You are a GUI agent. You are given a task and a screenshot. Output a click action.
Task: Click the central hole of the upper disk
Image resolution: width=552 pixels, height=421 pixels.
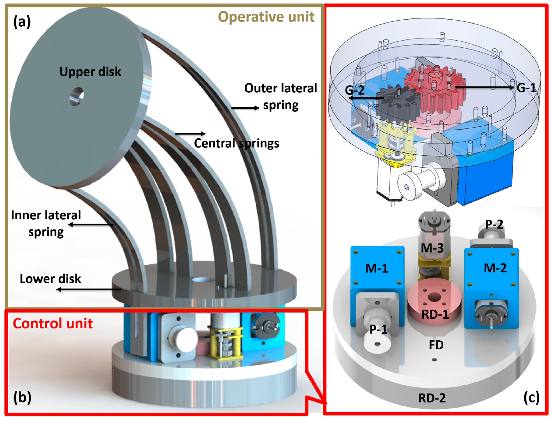tap(77, 96)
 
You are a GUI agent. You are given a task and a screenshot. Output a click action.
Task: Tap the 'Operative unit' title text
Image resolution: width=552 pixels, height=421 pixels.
tap(266, 17)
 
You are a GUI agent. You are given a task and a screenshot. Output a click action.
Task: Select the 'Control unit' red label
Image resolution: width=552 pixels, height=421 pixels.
tap(53, 323)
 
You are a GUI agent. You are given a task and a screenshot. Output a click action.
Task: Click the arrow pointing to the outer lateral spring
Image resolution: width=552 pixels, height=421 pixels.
tap(245, 108)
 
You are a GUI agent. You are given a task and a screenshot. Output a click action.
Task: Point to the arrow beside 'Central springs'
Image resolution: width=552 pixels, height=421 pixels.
tap(190, 134)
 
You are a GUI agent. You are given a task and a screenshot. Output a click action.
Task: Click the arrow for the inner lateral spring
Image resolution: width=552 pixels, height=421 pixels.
tap(91, 225)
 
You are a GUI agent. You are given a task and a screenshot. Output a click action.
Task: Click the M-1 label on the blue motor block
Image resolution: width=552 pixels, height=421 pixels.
tap(377, 269)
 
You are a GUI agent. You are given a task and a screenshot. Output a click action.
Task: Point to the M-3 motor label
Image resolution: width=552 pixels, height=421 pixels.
tap(432, 248)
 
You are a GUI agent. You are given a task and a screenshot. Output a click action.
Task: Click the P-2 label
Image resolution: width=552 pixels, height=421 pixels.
tap(494, 224)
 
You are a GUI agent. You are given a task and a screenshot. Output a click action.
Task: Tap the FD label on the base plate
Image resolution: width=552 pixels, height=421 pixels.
tap(436, 345)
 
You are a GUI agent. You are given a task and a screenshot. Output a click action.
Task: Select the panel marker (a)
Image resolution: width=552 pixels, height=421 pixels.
tap(22, 22)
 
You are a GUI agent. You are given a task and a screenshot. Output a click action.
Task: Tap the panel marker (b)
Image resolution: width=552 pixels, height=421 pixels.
tap(22, 397)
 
